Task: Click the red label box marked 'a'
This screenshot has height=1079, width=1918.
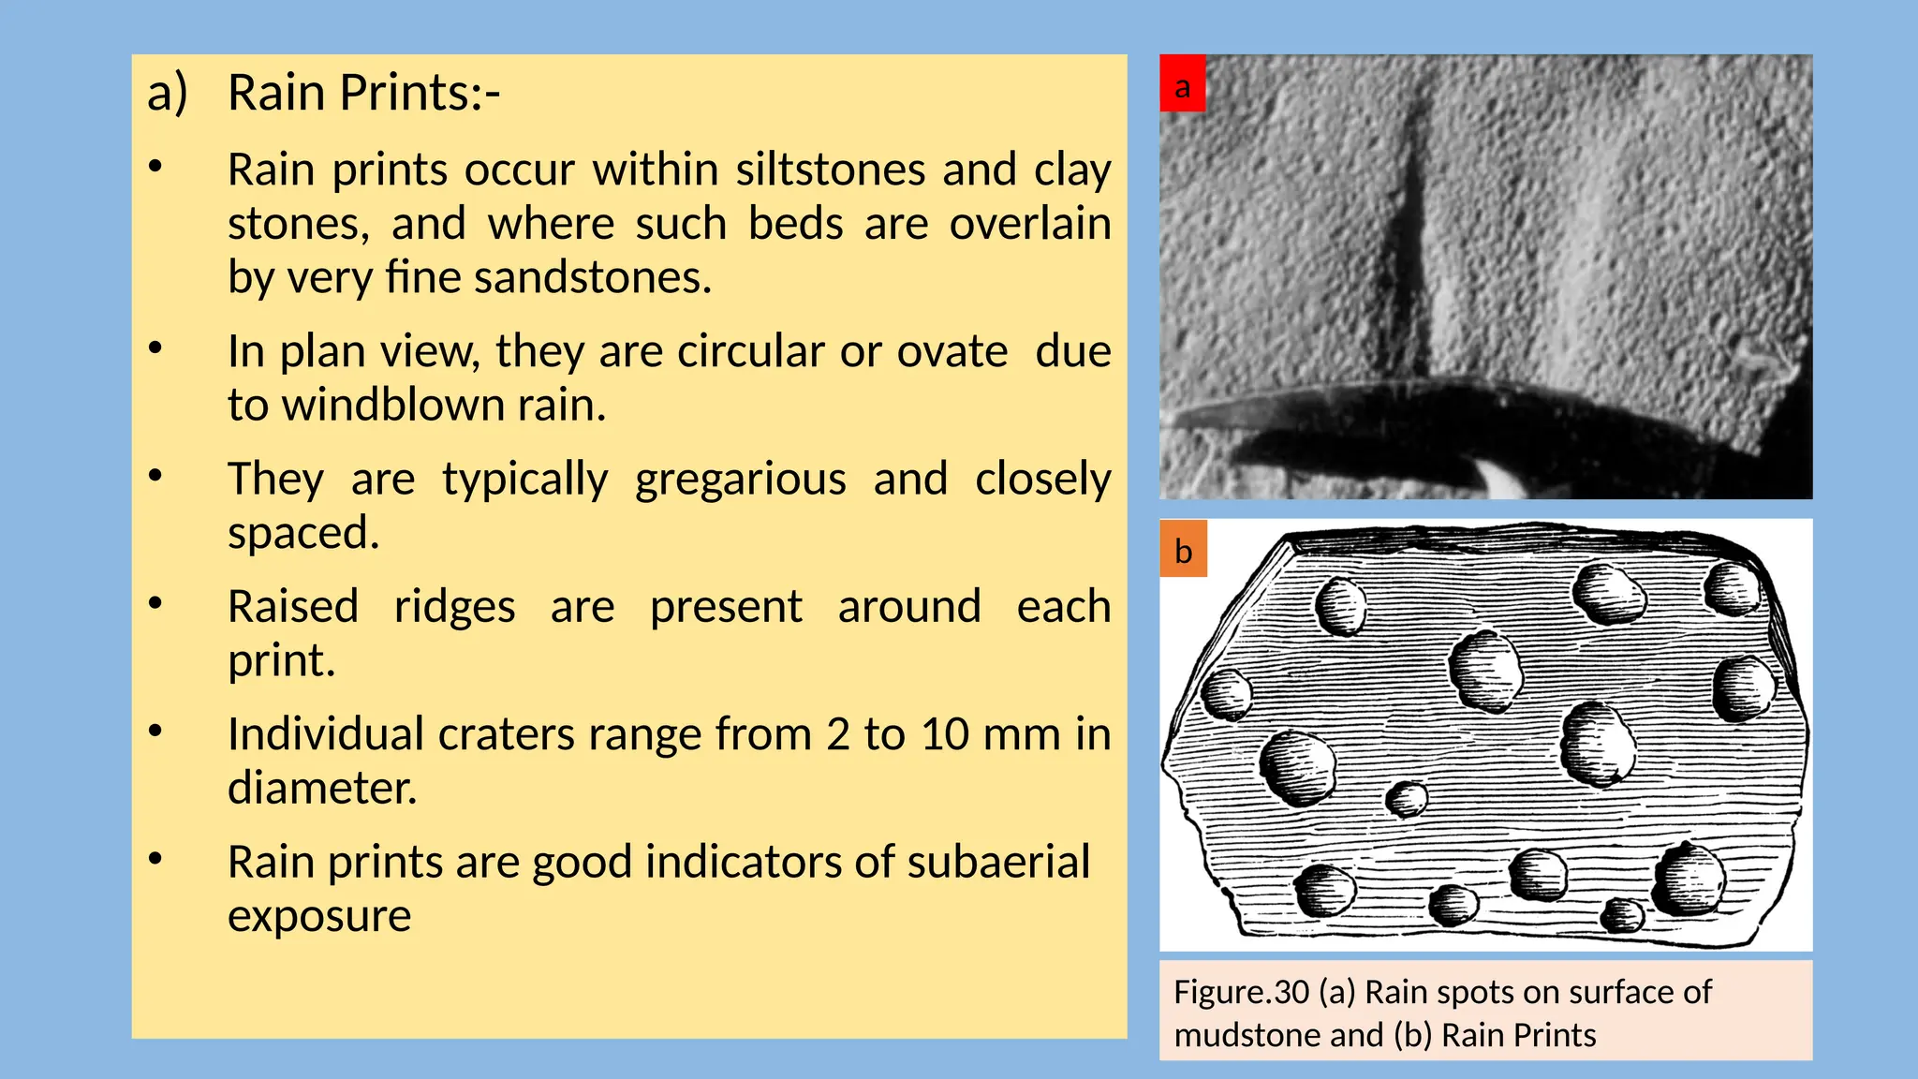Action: pyautogui.click(x=1182, y=84)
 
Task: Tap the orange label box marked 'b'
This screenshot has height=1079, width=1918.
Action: pyautogui.click(x=1183, y=549)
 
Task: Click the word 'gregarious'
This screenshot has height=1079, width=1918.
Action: pyautogui.click(x=740, y=480)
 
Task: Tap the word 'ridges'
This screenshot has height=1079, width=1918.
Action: pyautogui.click(x=454, y=607)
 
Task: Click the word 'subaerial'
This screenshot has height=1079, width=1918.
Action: pyautogui.click(x=998, y=863)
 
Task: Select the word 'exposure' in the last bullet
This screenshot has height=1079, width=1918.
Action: pyautogui.click(x=319, y=916)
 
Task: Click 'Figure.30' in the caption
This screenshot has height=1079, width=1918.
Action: pyautogui.click(x=1240, y=992)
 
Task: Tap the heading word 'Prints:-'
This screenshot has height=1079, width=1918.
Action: pyautogui.click(x=420, y=94)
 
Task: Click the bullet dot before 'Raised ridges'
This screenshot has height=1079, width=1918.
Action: pyautogui.click(x=155, y=603)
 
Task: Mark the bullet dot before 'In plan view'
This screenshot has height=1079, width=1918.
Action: pyautogui.click(x=155, y=348)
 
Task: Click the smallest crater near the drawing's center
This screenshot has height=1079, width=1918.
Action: pyautogui.click(x=1406, y=799)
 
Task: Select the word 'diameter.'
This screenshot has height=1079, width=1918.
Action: pyautogui.click(x=322, y=789)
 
